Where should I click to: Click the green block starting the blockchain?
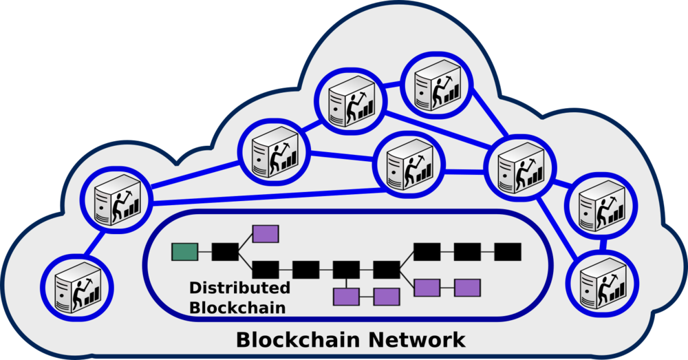(184, 252)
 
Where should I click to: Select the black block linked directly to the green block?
(225, 252)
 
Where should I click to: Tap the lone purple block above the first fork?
(266, 234)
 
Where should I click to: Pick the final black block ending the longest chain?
(508, 252)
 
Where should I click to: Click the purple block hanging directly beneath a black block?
(346, 297)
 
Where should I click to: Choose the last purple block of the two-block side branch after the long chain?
(467, 287)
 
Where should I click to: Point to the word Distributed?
(239, 288)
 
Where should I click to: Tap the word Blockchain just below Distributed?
(237, 307)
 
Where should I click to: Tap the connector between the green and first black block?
(205, 252)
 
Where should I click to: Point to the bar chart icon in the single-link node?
(92, 294)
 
